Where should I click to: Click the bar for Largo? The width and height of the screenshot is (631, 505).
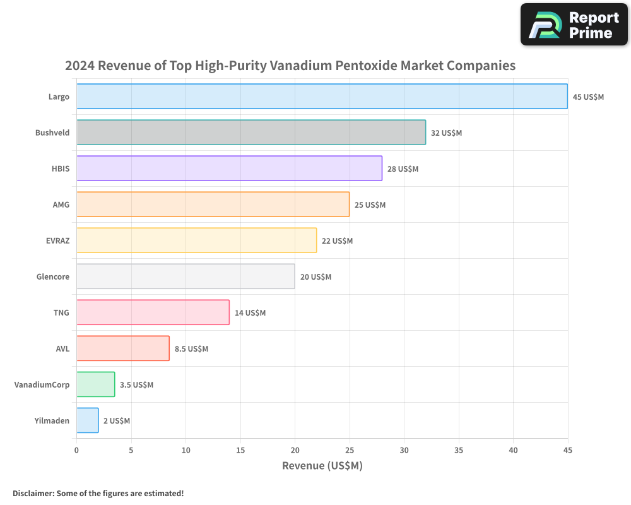click(x=322, y=97)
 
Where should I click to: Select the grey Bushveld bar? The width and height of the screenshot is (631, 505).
click(x=251, y=133)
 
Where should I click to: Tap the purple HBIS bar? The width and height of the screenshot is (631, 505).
click(x=229, y=169)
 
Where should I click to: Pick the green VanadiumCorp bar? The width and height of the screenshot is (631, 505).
click(x=96, y=384)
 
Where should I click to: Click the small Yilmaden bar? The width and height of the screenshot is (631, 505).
click(x=88, y=420)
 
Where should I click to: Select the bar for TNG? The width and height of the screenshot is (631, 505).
click(x=153, y=312)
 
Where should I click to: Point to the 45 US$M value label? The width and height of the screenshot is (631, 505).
click(x=588, y=97)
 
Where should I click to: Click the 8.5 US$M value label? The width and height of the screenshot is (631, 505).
click(x=191, y=349)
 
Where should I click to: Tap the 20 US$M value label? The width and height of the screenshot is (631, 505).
click(x=315, y=277)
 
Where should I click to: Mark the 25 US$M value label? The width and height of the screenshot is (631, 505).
click(x=370, y=205)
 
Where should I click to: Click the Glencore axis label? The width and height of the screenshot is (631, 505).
click(x=53, y=276)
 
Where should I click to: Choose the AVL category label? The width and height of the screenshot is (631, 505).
click(x=62, y=348)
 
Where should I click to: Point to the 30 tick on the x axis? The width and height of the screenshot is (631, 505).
click(x=404, y=451)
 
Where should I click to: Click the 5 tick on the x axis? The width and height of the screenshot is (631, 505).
click(x=131, y=451)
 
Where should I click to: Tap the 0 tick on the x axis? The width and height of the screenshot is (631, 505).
click(x=76, y=451)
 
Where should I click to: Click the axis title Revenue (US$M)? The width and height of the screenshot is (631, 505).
click(x=322, y=466)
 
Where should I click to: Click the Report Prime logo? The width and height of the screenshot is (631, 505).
click(x=574, y=25)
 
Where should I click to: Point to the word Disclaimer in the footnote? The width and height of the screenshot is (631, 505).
click(x=33, y=493)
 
